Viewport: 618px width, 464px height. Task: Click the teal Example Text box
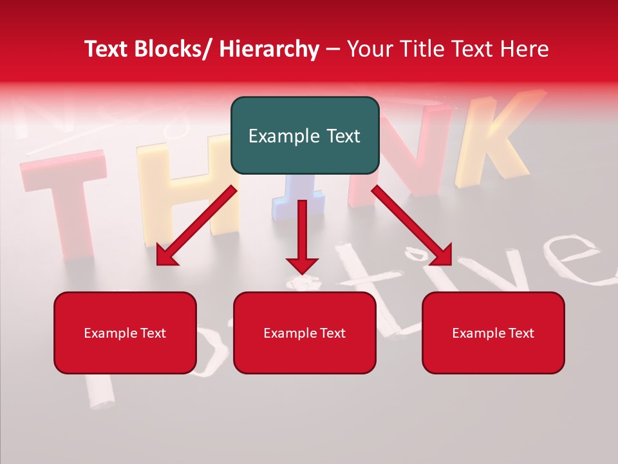pos(304,135)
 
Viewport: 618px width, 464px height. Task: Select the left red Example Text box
pos(125,333)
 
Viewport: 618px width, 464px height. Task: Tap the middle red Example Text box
pos(304,333)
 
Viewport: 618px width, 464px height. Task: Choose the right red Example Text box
pos(493,333)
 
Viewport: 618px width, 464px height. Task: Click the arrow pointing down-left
pos(196,226)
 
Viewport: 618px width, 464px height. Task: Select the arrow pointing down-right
pos(412,226)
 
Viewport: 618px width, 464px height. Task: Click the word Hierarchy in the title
pos(268,49)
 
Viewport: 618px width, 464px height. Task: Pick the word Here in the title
pos(526,49)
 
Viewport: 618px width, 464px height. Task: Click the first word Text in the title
pos(107,49)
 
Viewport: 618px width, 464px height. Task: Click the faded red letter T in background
pos(64,193)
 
